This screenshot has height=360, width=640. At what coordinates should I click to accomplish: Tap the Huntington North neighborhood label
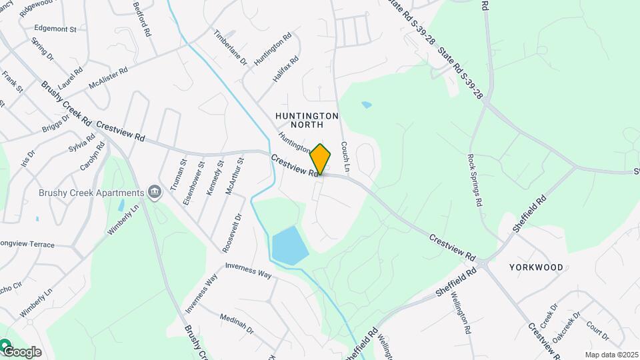tap(307, 120)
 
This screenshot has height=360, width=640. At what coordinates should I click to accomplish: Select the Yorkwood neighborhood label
tap(536, 267)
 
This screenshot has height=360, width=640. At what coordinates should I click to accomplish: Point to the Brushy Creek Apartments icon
tap(155, 193)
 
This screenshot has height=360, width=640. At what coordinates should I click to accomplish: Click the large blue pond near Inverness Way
tap(289, 245)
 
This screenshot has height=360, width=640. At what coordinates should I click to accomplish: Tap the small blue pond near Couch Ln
tap(365, 105)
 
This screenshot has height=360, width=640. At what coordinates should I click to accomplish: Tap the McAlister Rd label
tap(108, 78)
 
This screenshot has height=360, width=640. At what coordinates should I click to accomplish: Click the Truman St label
tap(176, 176)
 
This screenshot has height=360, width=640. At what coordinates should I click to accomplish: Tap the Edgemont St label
tap(55, 29)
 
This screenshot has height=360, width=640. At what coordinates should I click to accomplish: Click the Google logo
tap(22, 351)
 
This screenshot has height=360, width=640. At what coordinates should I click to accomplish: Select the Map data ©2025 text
tap(611, 355)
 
